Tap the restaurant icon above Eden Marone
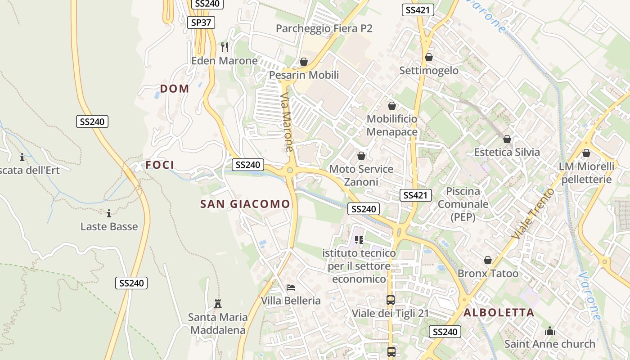point(225,46)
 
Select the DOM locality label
point(175,89)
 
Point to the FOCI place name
point(160,165)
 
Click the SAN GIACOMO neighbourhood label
point(245,204)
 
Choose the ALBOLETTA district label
point(499,312)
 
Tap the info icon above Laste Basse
point(108,213)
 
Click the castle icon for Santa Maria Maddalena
point(218,303)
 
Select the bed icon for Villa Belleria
point(291,287)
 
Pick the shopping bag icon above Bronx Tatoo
point(487,260)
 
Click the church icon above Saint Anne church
point(549,331)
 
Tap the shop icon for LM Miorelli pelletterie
point(586,153)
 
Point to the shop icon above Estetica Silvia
point(507,139)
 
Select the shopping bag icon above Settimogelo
point(428,57)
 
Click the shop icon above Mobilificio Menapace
point(392,106)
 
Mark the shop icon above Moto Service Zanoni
point(361,156)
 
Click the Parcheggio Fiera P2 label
point(324,28)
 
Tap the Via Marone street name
point(287,122)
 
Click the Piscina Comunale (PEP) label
point(463,204)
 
